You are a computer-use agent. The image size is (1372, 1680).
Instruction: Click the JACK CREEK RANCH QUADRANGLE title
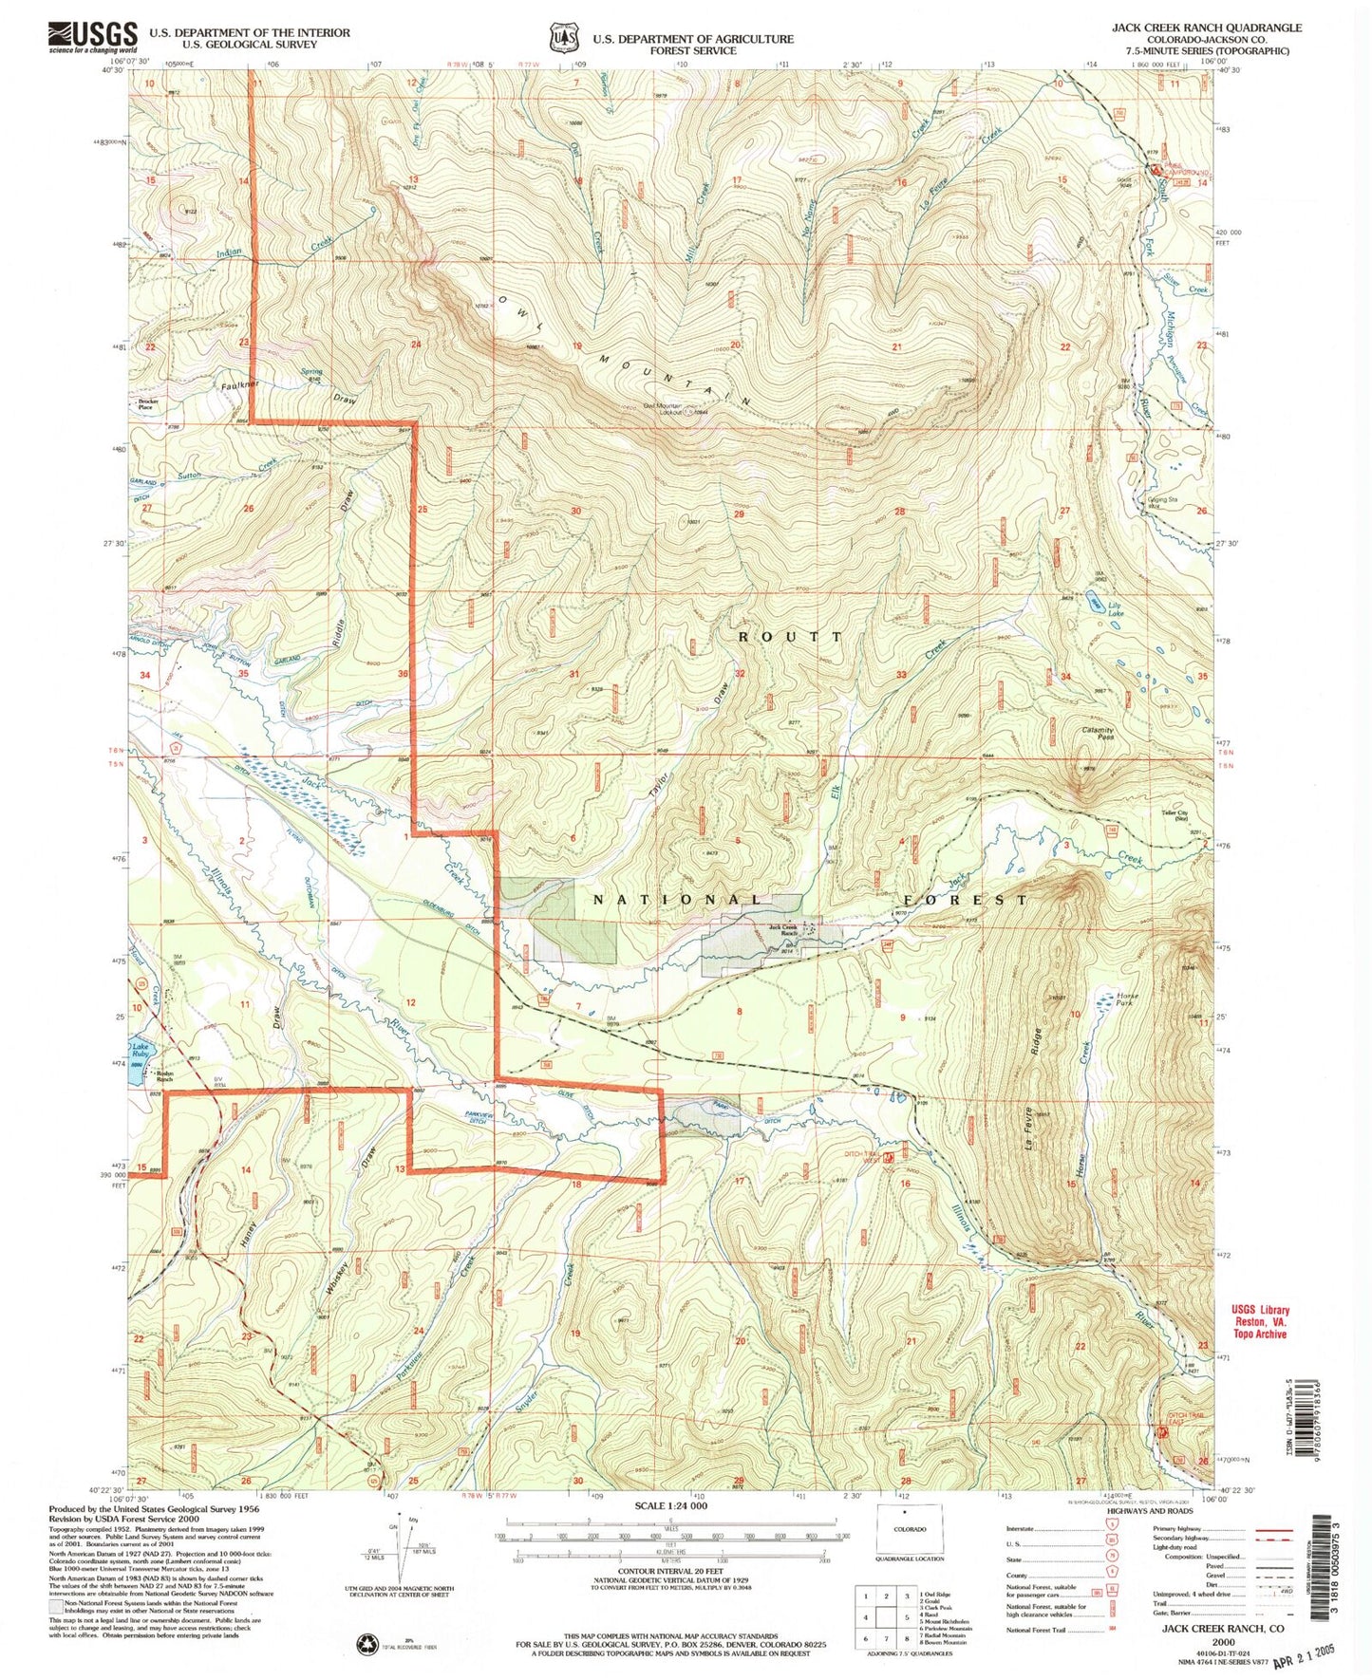point(1206,28)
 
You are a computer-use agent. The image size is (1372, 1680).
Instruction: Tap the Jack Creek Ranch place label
point(781,931)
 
